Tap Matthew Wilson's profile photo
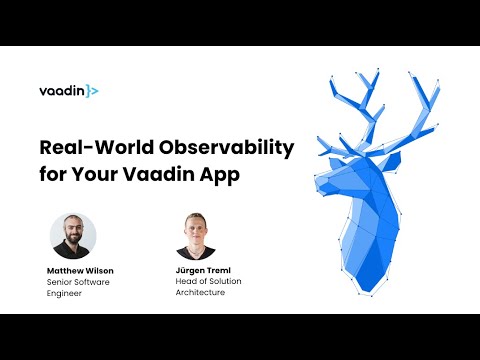point(74,236)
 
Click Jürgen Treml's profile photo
point(196,236)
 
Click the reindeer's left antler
point(350,105)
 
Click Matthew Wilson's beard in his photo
point(74,245)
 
